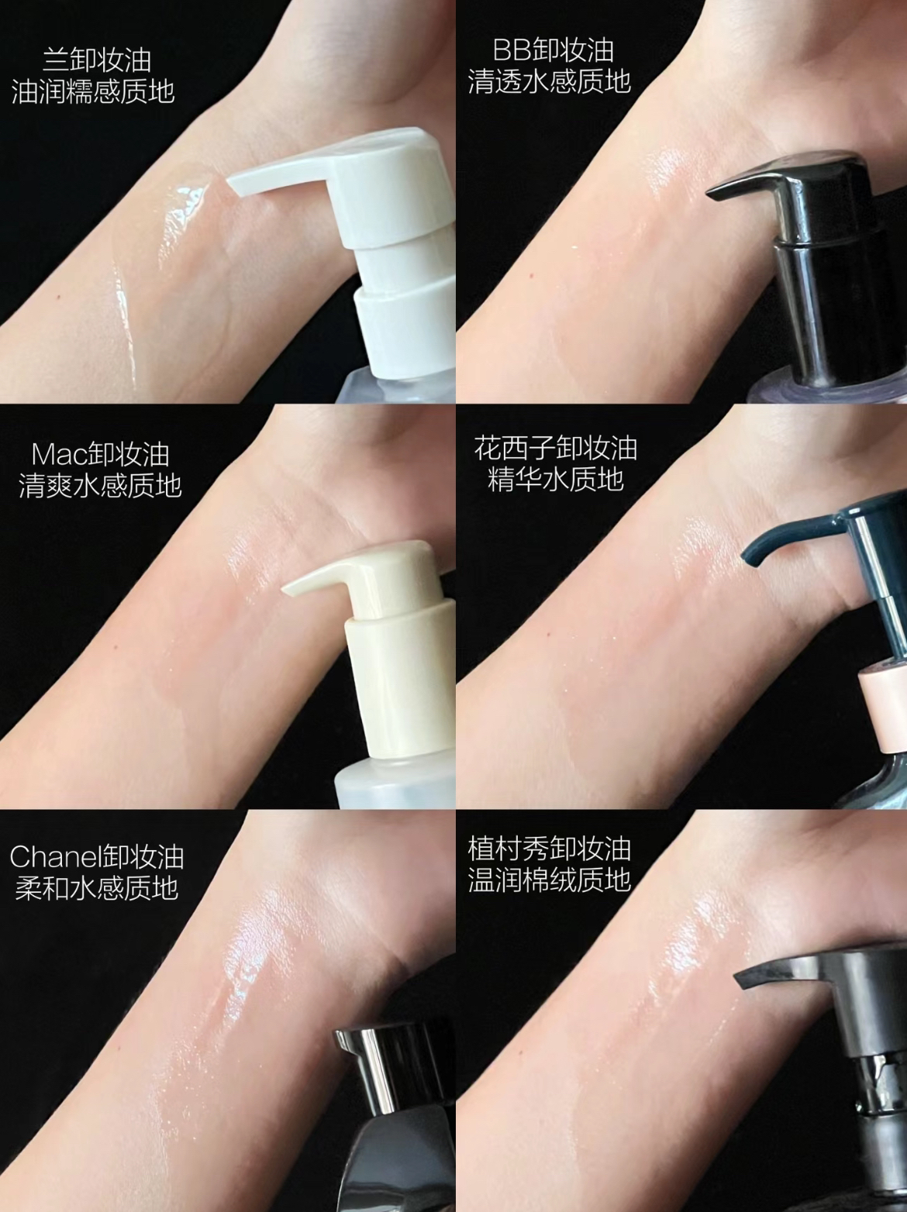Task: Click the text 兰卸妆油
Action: [97, 60]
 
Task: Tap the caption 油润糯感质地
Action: [93, 91]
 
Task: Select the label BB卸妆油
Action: [553, 50]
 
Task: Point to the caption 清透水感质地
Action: [550, 81]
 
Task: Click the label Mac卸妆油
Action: [100, 455]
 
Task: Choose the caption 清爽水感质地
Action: [100, 486]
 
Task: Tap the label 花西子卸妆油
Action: [556, 449]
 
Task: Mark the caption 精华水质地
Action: [556, 479]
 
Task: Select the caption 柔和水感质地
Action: [97, 888]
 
